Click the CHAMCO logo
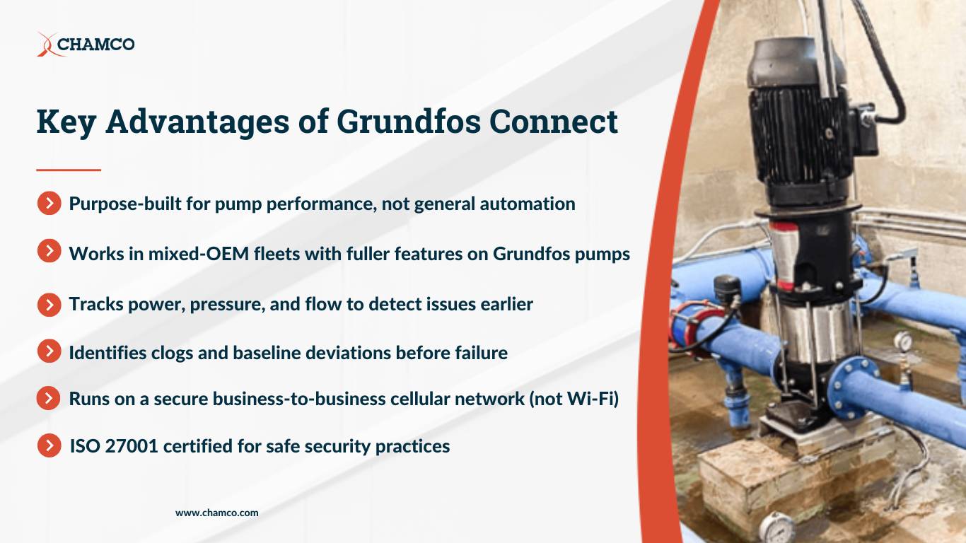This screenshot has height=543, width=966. (x=86, y=45)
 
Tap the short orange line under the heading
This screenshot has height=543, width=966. (x=69, y=170)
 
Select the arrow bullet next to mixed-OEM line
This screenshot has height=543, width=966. (x=49, y=251)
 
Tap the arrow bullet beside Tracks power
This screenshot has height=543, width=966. (x=49, y=304)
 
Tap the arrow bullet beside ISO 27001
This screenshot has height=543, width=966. (x=49, y=446)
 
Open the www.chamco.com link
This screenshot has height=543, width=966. (x=217, y=513)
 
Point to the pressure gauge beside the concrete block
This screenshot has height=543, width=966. (x=776, y=527)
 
